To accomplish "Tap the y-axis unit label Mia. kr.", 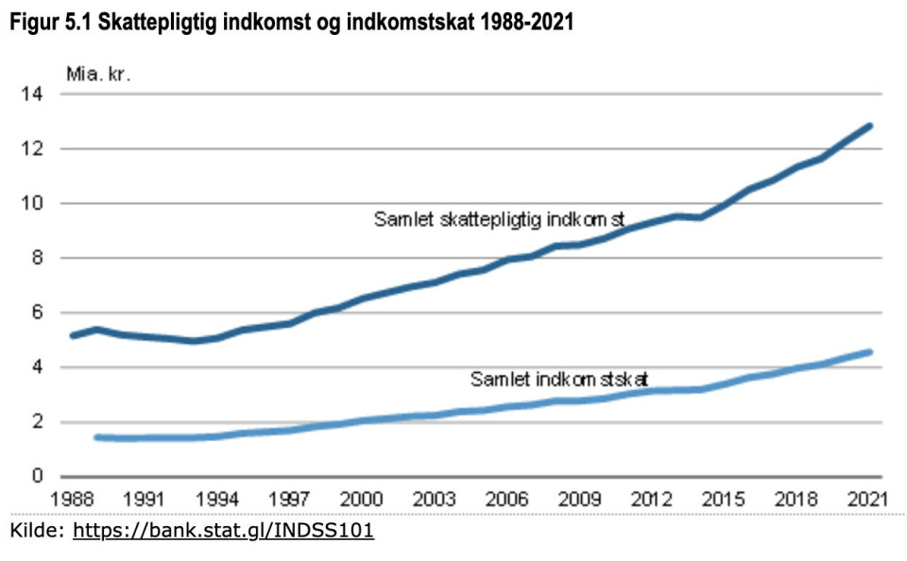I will tap(98, 74).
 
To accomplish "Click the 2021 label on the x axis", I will tap(867, 499).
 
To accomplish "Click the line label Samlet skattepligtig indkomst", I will tap(500, 220).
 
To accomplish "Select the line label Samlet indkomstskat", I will tap(558, 380).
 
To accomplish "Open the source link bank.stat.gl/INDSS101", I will tap(223, 532).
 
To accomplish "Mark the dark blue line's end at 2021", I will tap(869, 126).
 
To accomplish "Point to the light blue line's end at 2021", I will tap(869, 352).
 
